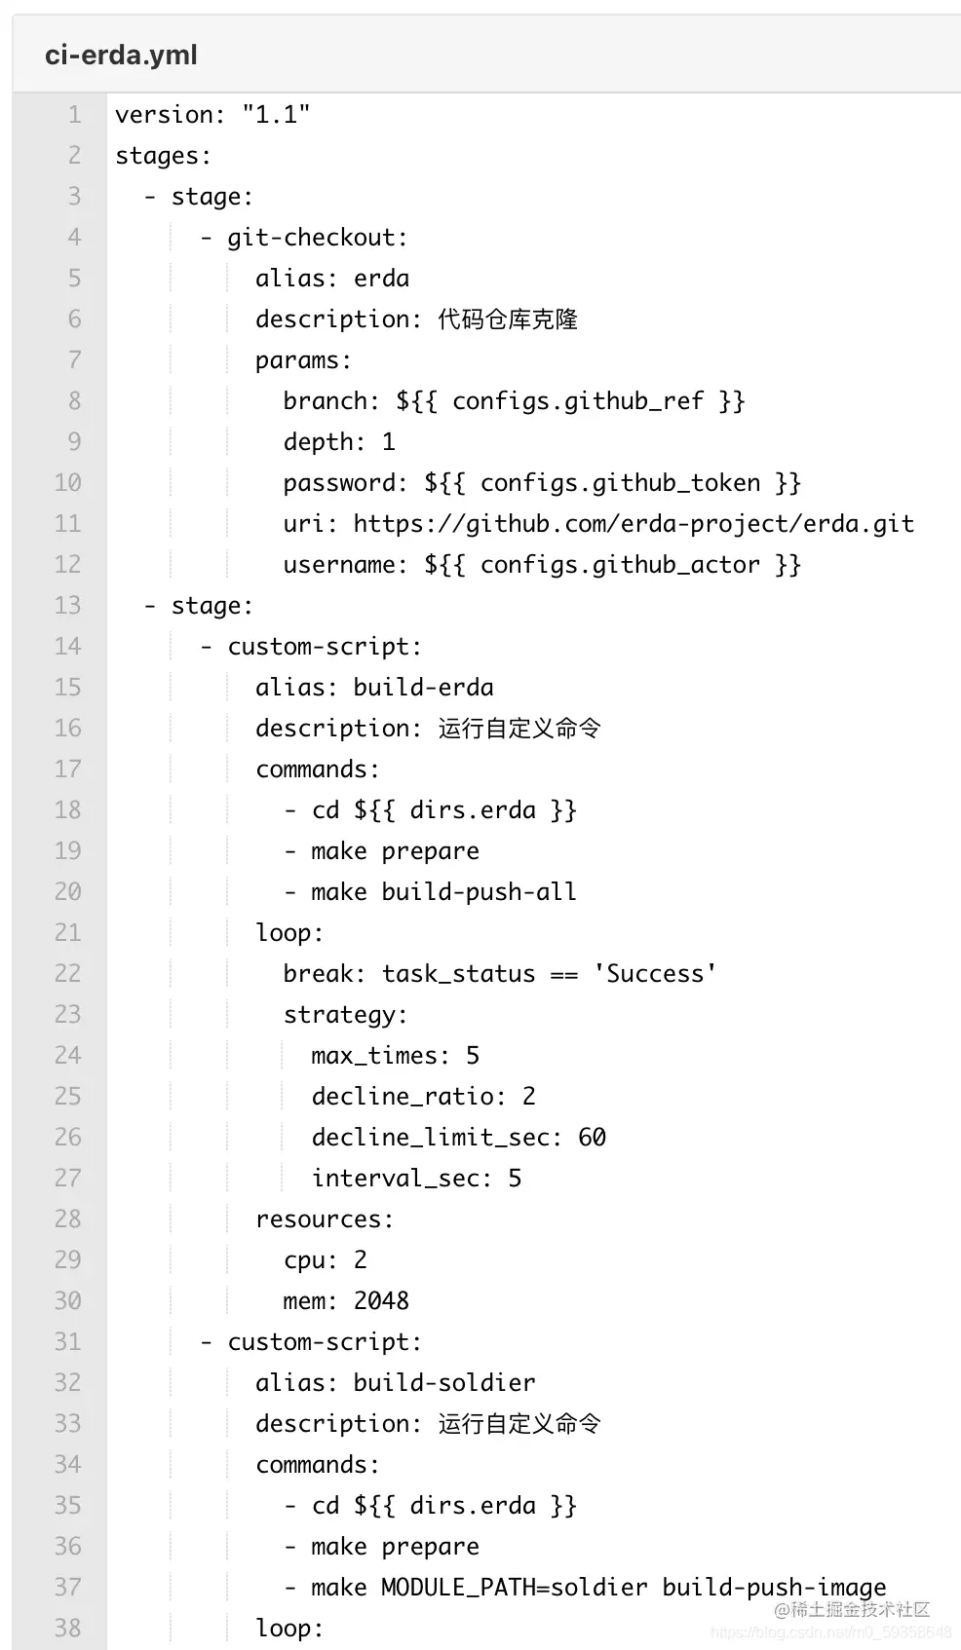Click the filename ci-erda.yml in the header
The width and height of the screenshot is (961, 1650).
pyautogui.click(x=121, y=55)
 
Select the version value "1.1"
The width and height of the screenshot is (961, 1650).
pyautogui.click(x=276, y=115)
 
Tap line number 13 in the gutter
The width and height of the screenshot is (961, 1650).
pyautogui.click(x=67, y=606)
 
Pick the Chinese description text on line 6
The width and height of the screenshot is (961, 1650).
pyautogui.click(x=507, y=319)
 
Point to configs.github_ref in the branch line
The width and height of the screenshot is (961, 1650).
pyautogui.click(x=577, y=401)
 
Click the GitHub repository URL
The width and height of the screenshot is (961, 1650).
pyautogui.click(x=634, y=524)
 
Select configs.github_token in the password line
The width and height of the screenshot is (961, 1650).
pyautogui.click(x=620, y=483)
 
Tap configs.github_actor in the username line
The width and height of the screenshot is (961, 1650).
pyautogui.click(x=620, y=565)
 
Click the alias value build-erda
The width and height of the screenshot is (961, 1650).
pyautogui.click(x=423, y=688)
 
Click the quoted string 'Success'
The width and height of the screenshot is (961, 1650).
pyautogui.click(x=655, y=974)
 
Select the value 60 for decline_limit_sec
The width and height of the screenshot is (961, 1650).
pyautogui.click(x=592, y=1138)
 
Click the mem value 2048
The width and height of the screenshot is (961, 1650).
pyautogui.click(x=381, y=1301)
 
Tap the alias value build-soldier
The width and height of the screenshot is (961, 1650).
pyautogui.click(x=443, y=1383)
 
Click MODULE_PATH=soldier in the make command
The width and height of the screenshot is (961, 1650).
pyautogui.click(x=514, y=1588)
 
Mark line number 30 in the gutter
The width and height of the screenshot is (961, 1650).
pyautogui.click(x=67, y=1301)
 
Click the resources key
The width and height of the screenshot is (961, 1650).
pyautogui.click(x=325, y=1219)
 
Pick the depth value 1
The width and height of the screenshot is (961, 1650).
pyautogui.click(x=388, y=442)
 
